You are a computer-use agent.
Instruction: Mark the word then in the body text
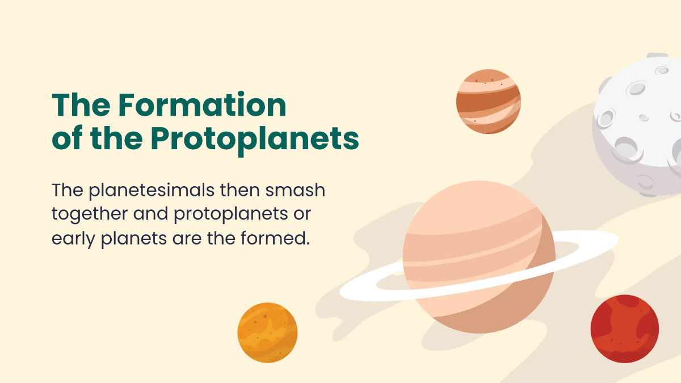coord(241,190)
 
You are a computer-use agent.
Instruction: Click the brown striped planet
coord(488,102)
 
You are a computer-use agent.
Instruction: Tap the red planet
coord(624,328)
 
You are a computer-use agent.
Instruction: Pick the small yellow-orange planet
coord(267,332)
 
